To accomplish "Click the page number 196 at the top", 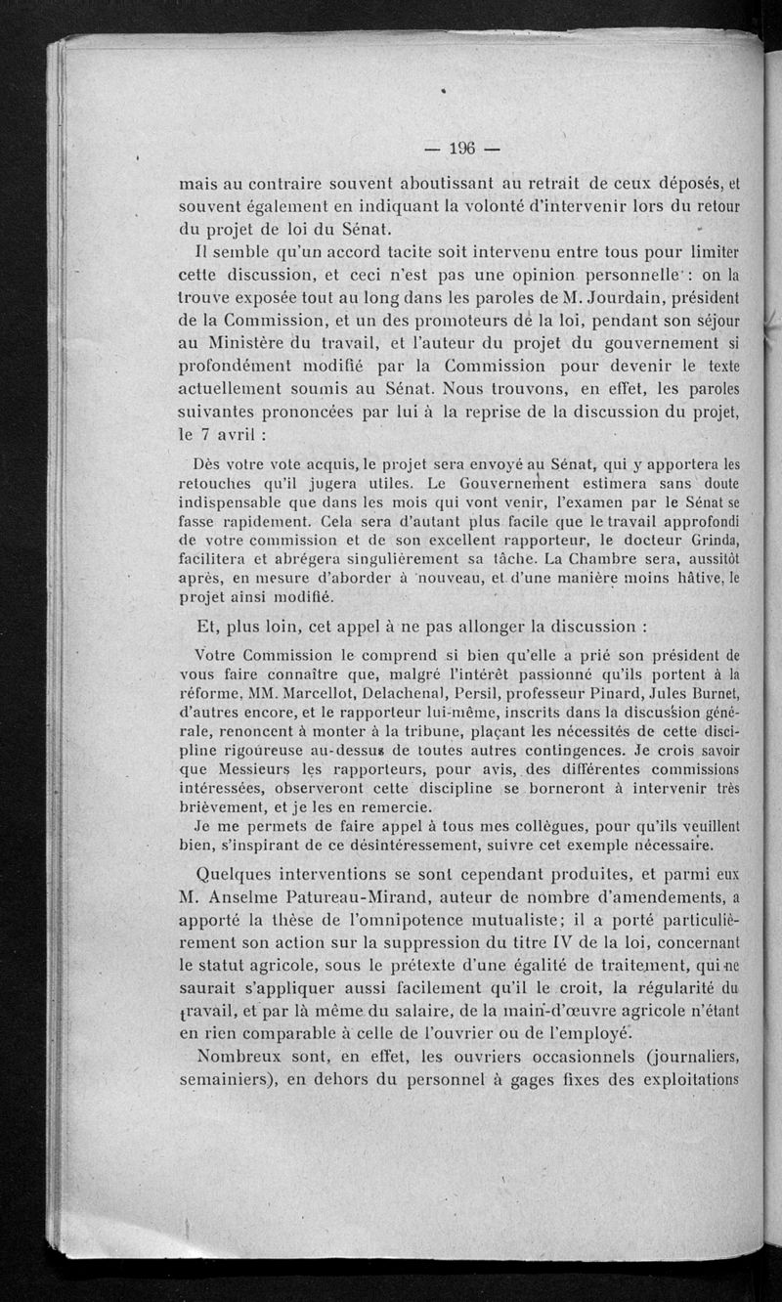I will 459,149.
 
